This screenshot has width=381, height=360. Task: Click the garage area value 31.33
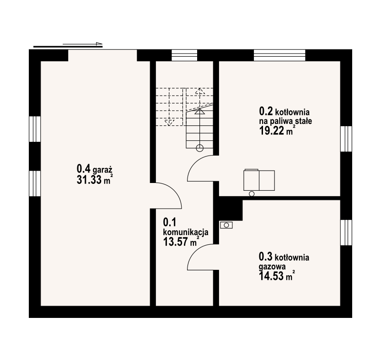pyautogui.click(x=89, y=180)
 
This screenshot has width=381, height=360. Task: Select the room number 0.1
pyautogui.click(x=170, y=222)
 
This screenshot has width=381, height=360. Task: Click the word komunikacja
pyautogui.click(x=186, y=232)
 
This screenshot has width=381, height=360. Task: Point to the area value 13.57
pyautogui.click(x=175, y=242)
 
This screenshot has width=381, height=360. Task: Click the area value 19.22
pyautogui.click(x=272, y=131)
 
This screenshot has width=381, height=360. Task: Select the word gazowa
pyautogui.click(x=272, y=267)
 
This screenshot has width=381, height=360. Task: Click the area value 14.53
pyautogui.click(x=271, y=276)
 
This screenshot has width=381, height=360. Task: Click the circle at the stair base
pyautogui.click(x=200, y=148)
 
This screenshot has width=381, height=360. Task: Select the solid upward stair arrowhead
pyautogui.click(x=200, y=111)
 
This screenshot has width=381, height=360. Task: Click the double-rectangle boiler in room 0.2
pyautogui.click(x=259, y=180)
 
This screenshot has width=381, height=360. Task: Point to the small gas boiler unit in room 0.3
pyautogui.click(x=226, y=225)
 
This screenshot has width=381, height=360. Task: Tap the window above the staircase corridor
pyautogui.click(x=184, y=55)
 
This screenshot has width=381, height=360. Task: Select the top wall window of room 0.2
pyautogui.click(x=279, y=55)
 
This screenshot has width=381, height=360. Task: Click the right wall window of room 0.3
pyautogui.click(x=346, y=233)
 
